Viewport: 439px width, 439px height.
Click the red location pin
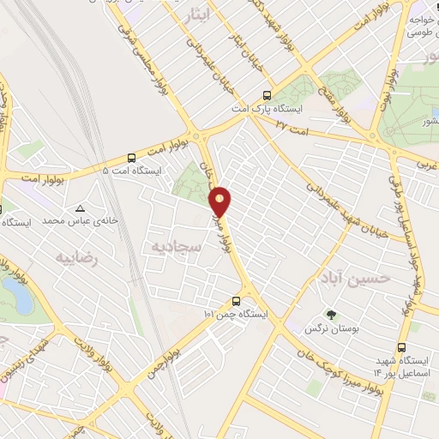[x=221, y=201]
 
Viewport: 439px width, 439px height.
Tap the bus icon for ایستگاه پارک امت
[x=268, y=96]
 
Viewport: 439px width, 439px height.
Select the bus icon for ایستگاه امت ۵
[x=130, y=157]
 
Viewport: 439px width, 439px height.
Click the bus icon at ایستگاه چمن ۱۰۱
[x=236, y=301]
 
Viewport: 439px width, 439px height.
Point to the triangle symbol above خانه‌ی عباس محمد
[x=80, y=208]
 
